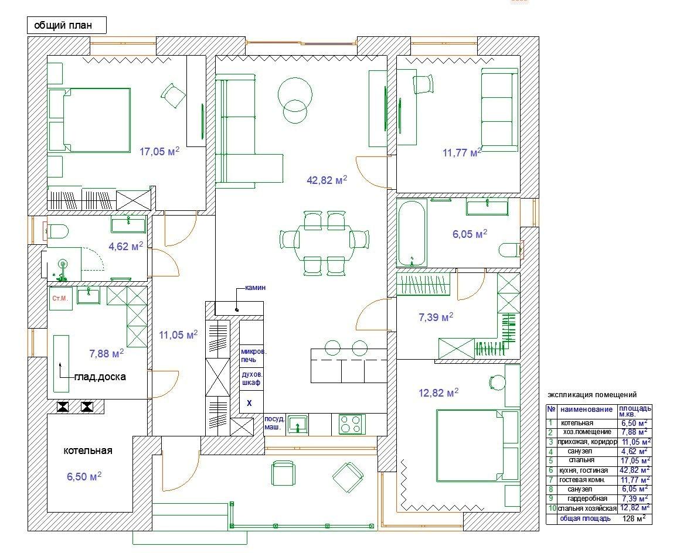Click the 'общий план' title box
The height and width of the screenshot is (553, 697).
67,25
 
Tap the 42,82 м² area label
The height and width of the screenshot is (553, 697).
327,180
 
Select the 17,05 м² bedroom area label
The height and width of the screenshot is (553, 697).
159,152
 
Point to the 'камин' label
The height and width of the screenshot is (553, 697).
255,288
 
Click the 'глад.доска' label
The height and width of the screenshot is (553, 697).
100,377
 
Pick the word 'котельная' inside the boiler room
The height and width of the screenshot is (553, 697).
88,450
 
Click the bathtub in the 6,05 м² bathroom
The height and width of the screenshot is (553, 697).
412,233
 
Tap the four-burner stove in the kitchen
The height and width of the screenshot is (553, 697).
352,424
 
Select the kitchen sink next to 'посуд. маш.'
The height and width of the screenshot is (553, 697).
297,424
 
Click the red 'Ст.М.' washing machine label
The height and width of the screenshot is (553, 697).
60,299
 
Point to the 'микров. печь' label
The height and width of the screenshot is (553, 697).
254,356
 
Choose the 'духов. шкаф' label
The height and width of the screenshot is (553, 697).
251,378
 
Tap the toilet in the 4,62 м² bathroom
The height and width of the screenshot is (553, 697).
57,231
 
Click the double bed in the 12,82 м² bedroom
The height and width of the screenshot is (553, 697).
477,446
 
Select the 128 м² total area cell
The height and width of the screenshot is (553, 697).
634,518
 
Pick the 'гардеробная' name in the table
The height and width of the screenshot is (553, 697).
587,499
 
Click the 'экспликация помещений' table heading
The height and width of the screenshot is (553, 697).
592,394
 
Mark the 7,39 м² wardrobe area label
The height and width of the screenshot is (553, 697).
436,317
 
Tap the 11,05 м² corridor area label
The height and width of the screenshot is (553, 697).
178,335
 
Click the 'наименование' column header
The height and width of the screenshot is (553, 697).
586,409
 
